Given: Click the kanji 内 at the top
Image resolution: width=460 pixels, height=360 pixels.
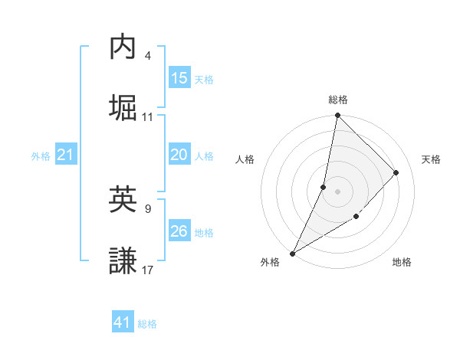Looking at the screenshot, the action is [x=123, y=47].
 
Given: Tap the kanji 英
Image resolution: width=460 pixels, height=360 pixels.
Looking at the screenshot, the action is [x=123, y=199].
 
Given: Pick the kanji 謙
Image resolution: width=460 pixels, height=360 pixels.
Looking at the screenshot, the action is [x=123, y=260].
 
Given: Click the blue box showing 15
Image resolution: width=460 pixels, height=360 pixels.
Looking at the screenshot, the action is [x=179, y=77].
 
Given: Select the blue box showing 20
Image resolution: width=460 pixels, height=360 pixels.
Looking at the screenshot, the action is [x=179, y=154].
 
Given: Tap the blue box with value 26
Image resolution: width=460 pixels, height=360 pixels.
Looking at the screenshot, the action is [x=179, y=231].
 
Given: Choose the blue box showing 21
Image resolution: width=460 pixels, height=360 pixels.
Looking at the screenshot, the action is [x=66, y=154].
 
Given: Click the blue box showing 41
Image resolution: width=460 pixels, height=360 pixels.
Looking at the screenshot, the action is [x=123, y=322].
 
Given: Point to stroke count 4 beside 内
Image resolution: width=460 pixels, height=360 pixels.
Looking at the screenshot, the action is [x=147, y=55].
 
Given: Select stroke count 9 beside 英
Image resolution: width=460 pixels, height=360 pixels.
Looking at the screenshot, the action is [x=147, y=208].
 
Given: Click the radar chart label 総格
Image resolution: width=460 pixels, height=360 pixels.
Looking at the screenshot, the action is [x=338, y=100].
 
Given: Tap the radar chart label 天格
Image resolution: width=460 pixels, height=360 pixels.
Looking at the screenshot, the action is [x=431, y=159].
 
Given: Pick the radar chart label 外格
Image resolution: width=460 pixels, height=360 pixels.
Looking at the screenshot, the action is [x=270, y=262].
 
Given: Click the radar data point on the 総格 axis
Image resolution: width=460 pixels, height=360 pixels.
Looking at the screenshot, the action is [x=337, y=116].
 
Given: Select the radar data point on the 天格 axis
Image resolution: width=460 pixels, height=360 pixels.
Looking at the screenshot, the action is [x=396, y=172].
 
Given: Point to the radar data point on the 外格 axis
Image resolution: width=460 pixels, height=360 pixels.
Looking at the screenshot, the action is [x=292, y=253].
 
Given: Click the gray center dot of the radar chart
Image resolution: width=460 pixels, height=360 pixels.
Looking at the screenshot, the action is [x=337, y=191].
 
